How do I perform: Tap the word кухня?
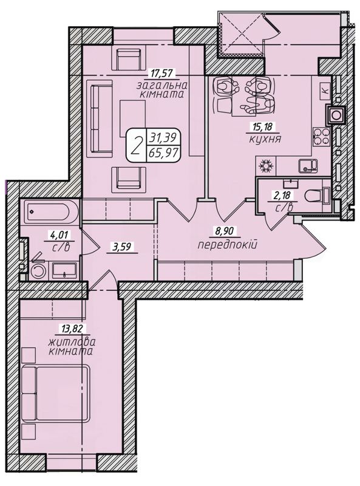pos(265,139)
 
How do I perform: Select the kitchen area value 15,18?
pos(260,126)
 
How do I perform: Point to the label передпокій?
pos(228,245)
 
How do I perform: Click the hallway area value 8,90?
pos(226,231)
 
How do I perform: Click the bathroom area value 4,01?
pos(59,235)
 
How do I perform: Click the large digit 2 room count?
pos(136,145)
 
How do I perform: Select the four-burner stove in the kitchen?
pos(322,137)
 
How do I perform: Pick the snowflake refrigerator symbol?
pos(266,166)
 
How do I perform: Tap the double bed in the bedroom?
pos(56,393)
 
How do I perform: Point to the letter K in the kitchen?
pos(325,91)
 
